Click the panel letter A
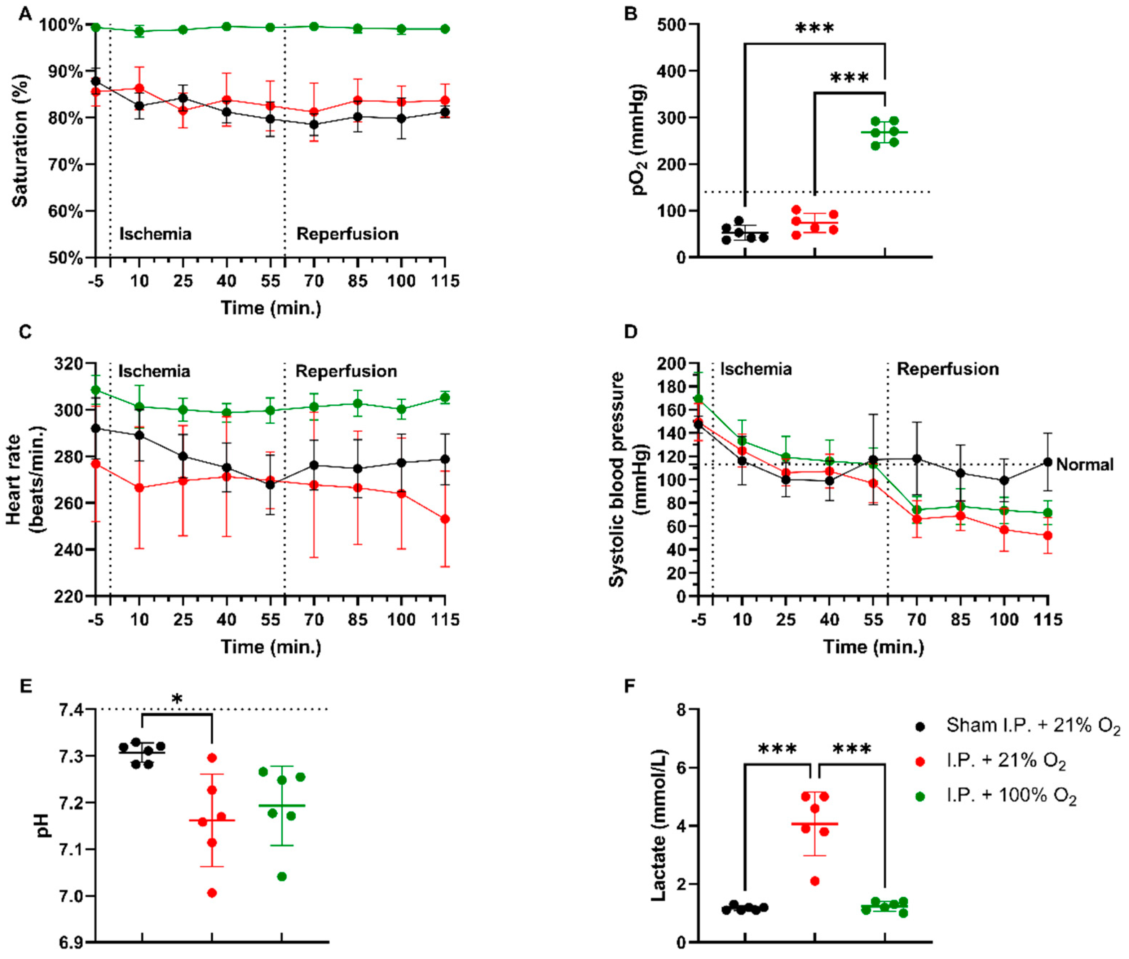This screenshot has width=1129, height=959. tap(25, 13)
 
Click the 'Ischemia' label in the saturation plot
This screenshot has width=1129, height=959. tap(155, 234)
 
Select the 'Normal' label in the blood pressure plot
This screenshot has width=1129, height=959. tap(1084, 465)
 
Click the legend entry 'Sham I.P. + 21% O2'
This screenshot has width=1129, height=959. tap(1032, 726)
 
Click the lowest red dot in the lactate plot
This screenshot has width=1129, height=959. tap(815, 881)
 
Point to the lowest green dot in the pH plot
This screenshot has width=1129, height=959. tap(282, 876)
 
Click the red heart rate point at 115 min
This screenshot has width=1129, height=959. tap(445, 519)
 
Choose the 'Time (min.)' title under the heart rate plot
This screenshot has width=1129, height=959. tap(271, 647)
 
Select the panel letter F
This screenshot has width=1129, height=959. tap(630, 686)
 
